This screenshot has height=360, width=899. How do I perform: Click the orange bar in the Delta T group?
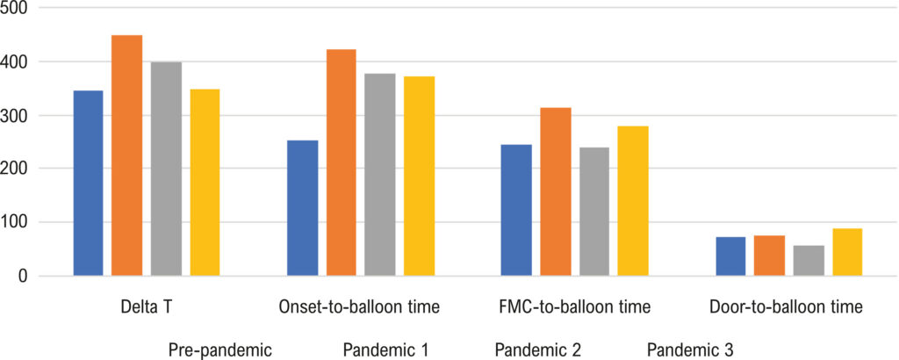[126, 155]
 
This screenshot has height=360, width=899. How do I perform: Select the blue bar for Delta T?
[89, 184]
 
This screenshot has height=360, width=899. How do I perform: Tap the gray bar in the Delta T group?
[166, 169]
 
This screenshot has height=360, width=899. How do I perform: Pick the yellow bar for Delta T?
[205, 183]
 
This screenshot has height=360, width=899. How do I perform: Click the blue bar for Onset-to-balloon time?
[303, 208]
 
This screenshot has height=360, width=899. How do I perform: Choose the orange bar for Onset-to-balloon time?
[342, 162]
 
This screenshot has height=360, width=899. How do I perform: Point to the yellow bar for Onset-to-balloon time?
[419, 176]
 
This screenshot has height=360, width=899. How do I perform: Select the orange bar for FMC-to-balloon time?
[556, 192]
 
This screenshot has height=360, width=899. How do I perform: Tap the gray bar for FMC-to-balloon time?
[594, 212]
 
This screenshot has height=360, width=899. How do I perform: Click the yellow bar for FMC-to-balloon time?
[633, 201]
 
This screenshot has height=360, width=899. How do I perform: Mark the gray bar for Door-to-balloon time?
[809, 261]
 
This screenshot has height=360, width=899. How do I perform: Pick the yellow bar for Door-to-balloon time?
[847, 252]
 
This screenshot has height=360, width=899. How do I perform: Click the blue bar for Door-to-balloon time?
[731, 256]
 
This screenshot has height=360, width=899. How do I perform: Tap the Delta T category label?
[147, 307]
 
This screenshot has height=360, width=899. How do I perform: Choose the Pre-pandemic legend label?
[219, 349]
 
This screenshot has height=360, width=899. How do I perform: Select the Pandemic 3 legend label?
[690, 349]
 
